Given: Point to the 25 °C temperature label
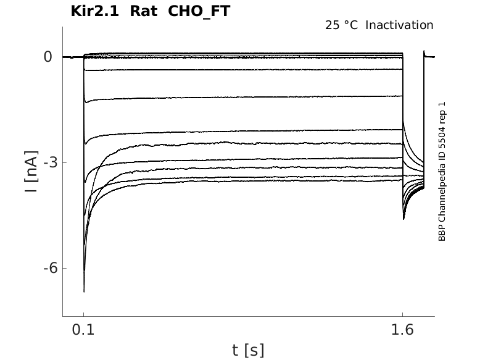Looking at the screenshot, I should [342, 25].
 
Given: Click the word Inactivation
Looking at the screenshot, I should [400, 25].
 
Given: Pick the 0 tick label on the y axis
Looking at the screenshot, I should [48, 57].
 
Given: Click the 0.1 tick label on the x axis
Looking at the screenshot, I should [84, 331].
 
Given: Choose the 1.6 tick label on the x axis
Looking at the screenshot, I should [402, 331].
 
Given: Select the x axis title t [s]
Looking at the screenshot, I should [248, 350].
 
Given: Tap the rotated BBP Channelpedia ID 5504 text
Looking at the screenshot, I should [442, 171].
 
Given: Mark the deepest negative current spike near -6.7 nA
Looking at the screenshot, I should [84, 290].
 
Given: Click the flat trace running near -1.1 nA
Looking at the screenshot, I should [247, 97].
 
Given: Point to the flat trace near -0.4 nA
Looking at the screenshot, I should [247, 70].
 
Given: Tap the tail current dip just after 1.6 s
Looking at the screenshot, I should [403, 218].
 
